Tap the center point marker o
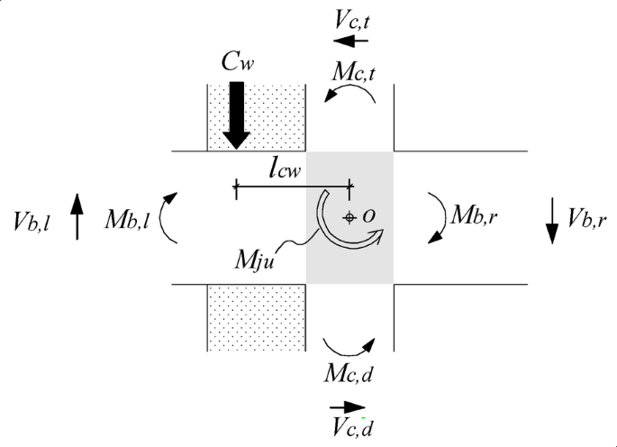[349, 216]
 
